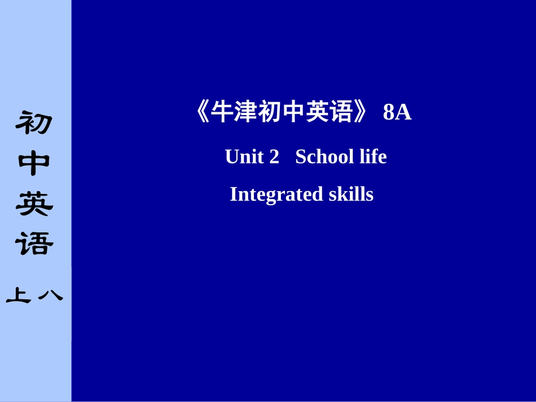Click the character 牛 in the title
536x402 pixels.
pos(222,113)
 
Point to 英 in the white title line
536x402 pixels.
pos(317,113)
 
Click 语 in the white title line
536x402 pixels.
pos(341,113)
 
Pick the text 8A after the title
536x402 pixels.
pos(397,113)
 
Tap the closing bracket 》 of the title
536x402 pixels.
pos(362,113)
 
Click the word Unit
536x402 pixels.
pos(244,157)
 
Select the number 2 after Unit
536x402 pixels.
pos(274,157)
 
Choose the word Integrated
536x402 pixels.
pos(276,195)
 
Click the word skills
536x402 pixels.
pos(351,195)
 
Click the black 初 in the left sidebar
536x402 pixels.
pos(34,122)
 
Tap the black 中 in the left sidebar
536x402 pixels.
pos(34,164)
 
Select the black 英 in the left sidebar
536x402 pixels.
pos(34,204)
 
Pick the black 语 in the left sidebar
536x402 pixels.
pos(34,244)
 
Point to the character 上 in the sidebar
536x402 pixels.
pos(19,295)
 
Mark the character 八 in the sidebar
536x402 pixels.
pos(50,295)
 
